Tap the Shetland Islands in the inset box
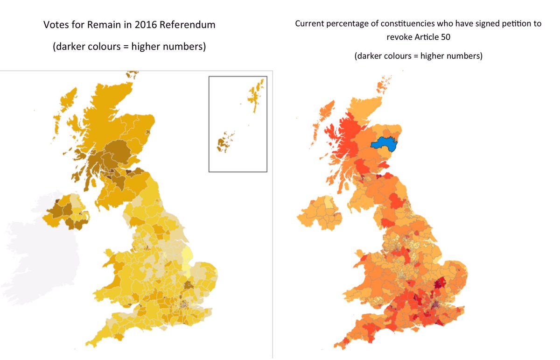(x=257, y=95)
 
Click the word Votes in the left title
(x=56, y=25)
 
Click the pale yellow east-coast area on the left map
(x=189, y=259)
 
